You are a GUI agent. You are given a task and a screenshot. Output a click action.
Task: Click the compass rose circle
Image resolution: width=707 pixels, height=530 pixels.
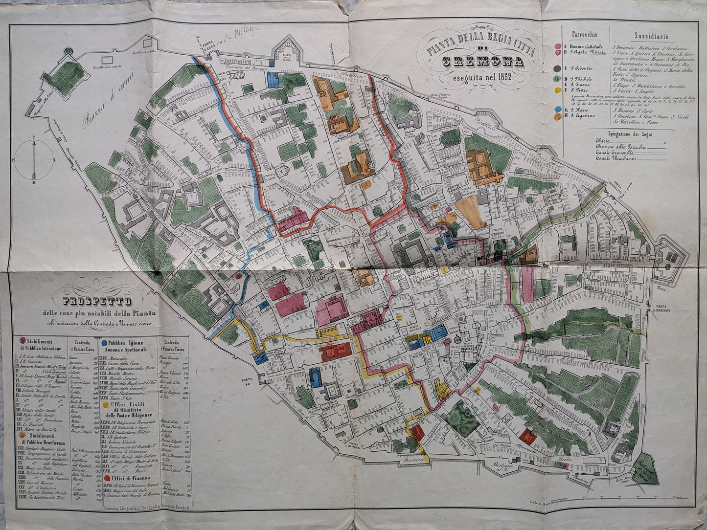click(x=33, y=160)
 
